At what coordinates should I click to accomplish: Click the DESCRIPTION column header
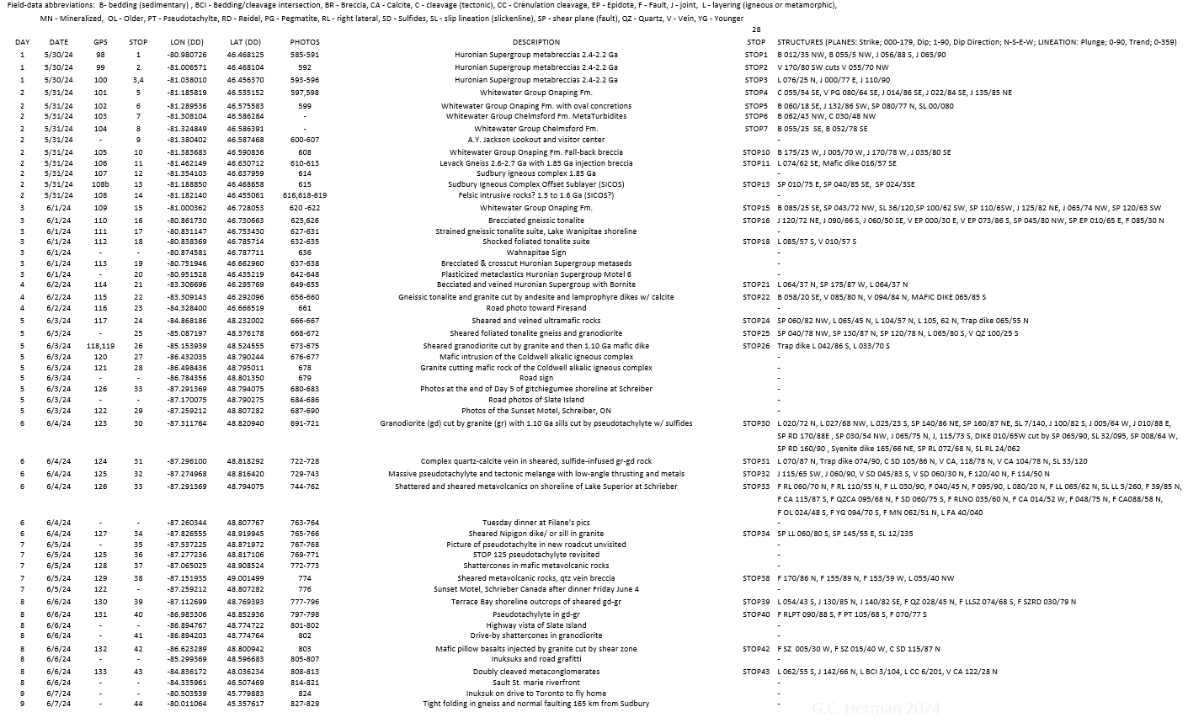535,42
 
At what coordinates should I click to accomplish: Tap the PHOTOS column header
305,42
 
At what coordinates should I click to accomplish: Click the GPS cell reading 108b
100,183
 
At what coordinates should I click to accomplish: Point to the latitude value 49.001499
245,578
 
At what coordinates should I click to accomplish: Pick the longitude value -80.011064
187,704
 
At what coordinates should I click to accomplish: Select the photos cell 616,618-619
305,194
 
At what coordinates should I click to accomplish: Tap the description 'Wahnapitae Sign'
535,253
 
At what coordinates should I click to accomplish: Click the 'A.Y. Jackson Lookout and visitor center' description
535,140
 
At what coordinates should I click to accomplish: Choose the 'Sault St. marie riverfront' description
535,683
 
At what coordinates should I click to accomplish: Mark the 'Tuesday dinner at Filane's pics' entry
535,523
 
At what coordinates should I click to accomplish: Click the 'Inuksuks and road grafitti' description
535,659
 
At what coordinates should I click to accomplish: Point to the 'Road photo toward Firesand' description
535,308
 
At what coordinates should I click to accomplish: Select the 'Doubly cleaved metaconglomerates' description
535,672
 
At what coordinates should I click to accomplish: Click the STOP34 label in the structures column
756,534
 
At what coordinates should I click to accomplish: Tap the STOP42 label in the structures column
756,649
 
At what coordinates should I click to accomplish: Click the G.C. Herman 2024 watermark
876,709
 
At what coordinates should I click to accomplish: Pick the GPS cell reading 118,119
100,346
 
